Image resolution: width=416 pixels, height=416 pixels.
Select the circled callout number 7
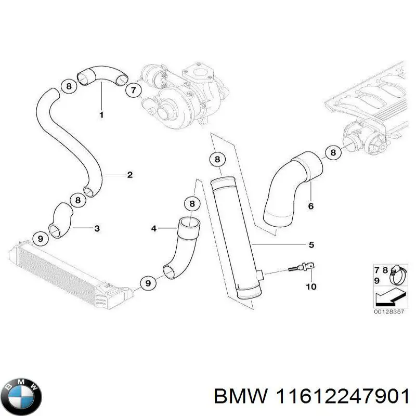click(x=133, y=90)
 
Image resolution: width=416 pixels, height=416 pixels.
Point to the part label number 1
click(x=101, y=114)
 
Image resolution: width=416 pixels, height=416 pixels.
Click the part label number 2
click(x=129, y=175)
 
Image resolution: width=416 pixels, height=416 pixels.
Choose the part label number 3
click(x=97, y=228)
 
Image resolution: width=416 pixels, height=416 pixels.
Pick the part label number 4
click(x=153, y=228)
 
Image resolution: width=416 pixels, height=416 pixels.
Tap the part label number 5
click(x=311, y=244)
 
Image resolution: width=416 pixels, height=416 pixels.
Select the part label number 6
click(x=311, y=206)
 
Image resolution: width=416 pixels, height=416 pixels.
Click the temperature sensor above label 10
click(x=302, y=269)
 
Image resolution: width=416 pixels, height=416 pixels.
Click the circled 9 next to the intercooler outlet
click(x=148, y=283)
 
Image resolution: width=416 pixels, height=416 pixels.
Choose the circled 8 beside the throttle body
click(x=333, y=152)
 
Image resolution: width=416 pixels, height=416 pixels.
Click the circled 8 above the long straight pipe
click(x=217, y=160)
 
